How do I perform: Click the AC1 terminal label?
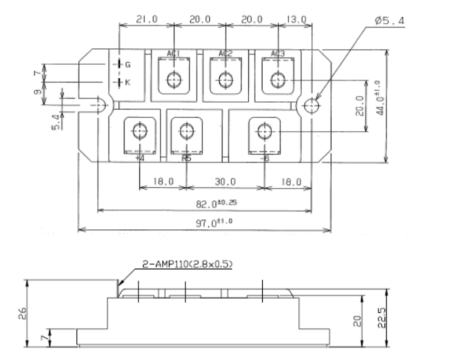[174, 53]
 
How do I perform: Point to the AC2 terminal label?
[225, 53]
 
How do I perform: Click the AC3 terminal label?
[278, 53]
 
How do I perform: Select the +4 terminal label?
[140, 158]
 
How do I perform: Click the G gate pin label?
[127, 64]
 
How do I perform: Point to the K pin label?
[127, 82]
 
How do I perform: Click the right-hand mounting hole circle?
[311, 106]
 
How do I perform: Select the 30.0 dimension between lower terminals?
[225, 182]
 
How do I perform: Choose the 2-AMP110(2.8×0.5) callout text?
[187, 265]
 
